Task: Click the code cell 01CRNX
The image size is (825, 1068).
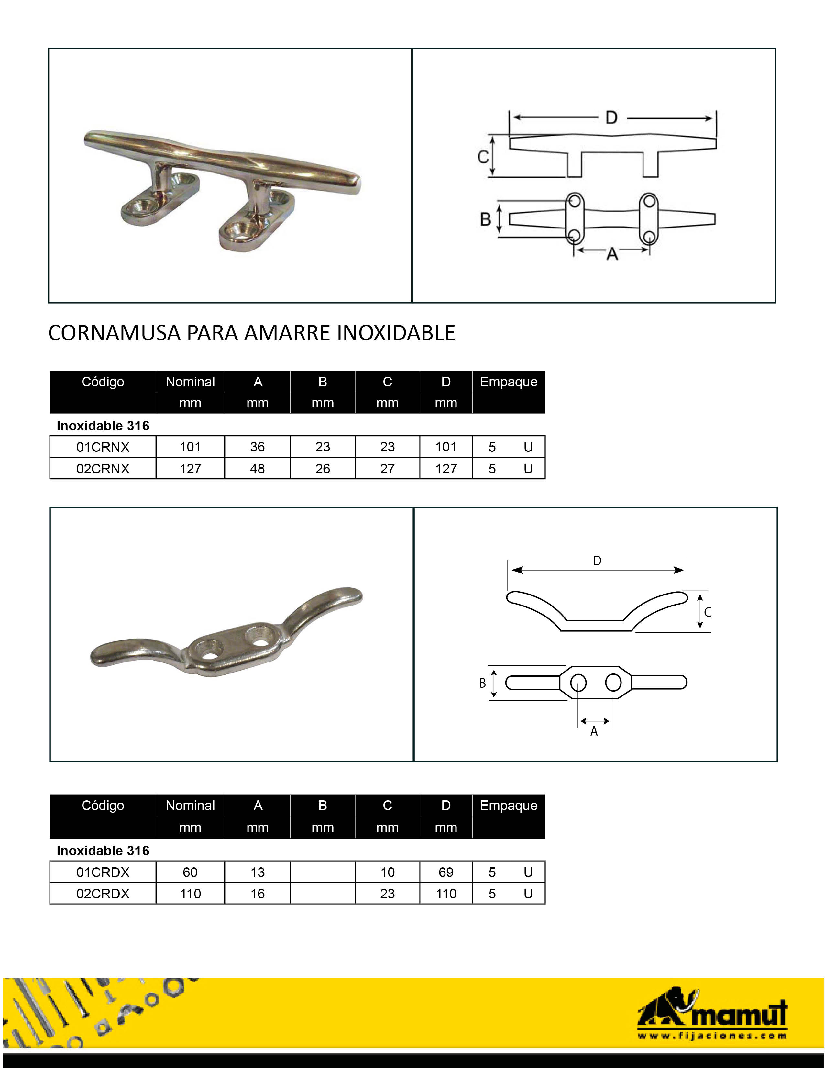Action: pyautogui.click(x=103, y=447)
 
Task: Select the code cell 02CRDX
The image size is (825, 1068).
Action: pyautogui.click(x=103, y=894)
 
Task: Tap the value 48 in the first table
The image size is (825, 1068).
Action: pyautogui.click(x=257, y=469)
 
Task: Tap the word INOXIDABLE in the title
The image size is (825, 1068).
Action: pyautogui.click(x=396, y=333)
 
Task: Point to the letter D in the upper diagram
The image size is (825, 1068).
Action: pyautogui.click(x=611, y=118)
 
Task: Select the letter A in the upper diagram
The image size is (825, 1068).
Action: pyautogui.click(x=612, y=254)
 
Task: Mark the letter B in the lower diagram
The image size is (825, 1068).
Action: pyautogui.click(x=482, y=683)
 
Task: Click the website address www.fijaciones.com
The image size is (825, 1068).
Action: pyautogui.click(x=712, y=1035)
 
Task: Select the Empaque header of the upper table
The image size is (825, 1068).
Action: pyautogui.click(x=508, y=382)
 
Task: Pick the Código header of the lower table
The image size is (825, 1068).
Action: pyautogui.click(x=103, y=806)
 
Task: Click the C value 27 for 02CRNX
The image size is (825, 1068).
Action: pyautogui.click(x=387, y=469)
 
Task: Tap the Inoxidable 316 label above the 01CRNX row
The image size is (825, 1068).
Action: pyautogui.click(x=103, y=426)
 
